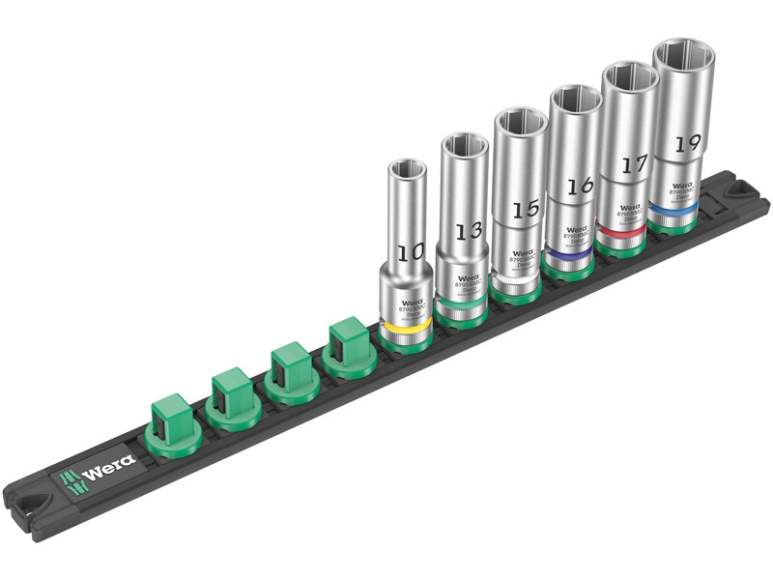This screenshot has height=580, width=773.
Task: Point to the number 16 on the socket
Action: [577, 187]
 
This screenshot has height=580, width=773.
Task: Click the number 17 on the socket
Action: [633, 164]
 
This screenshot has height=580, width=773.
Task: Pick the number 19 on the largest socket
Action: [687, 143]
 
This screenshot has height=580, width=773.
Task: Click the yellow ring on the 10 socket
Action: [404, 331]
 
